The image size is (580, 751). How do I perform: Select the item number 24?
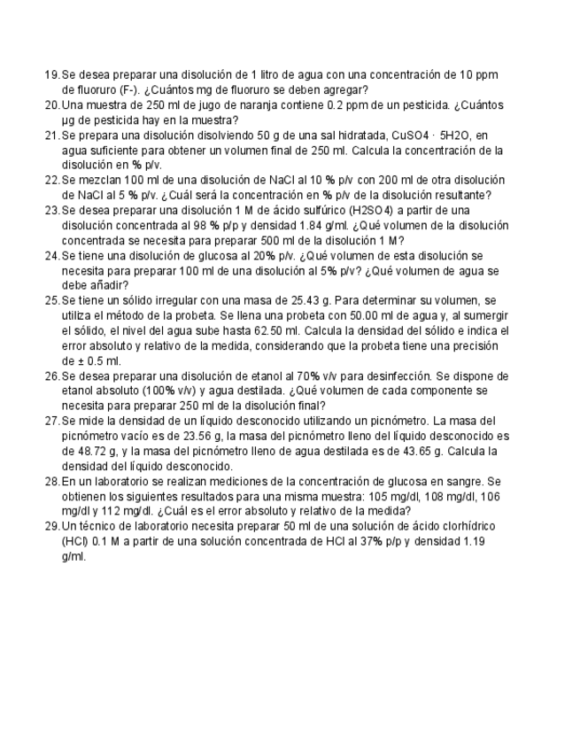[x=51, y=255]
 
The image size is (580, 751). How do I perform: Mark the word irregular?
[x=176, y=300]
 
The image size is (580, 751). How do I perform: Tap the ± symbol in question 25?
[x=87, y=360]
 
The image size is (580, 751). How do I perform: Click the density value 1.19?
[x=474, y=541]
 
